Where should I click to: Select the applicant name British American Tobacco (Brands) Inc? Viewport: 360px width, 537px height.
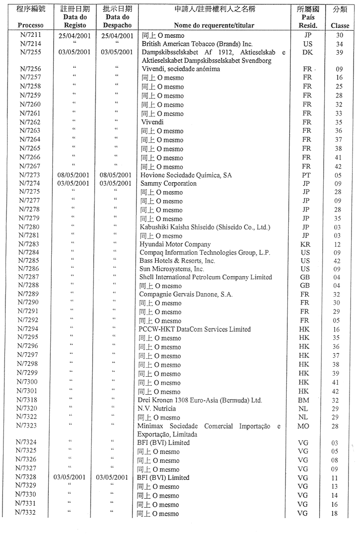tap(197, 44)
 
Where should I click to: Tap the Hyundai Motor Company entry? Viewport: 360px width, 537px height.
tap(175, 244)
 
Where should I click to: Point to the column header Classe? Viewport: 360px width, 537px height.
tap(340, 25)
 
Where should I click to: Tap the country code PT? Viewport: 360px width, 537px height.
tap(306, 175)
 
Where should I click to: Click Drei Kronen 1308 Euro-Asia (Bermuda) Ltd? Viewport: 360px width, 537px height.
tap(200, 400)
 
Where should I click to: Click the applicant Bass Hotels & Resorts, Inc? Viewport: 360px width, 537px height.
tap(177, 261)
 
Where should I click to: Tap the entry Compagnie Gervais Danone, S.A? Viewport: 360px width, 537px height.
tap(186, 294)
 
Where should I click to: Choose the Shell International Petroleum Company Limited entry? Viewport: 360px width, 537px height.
tap(206, 277)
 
